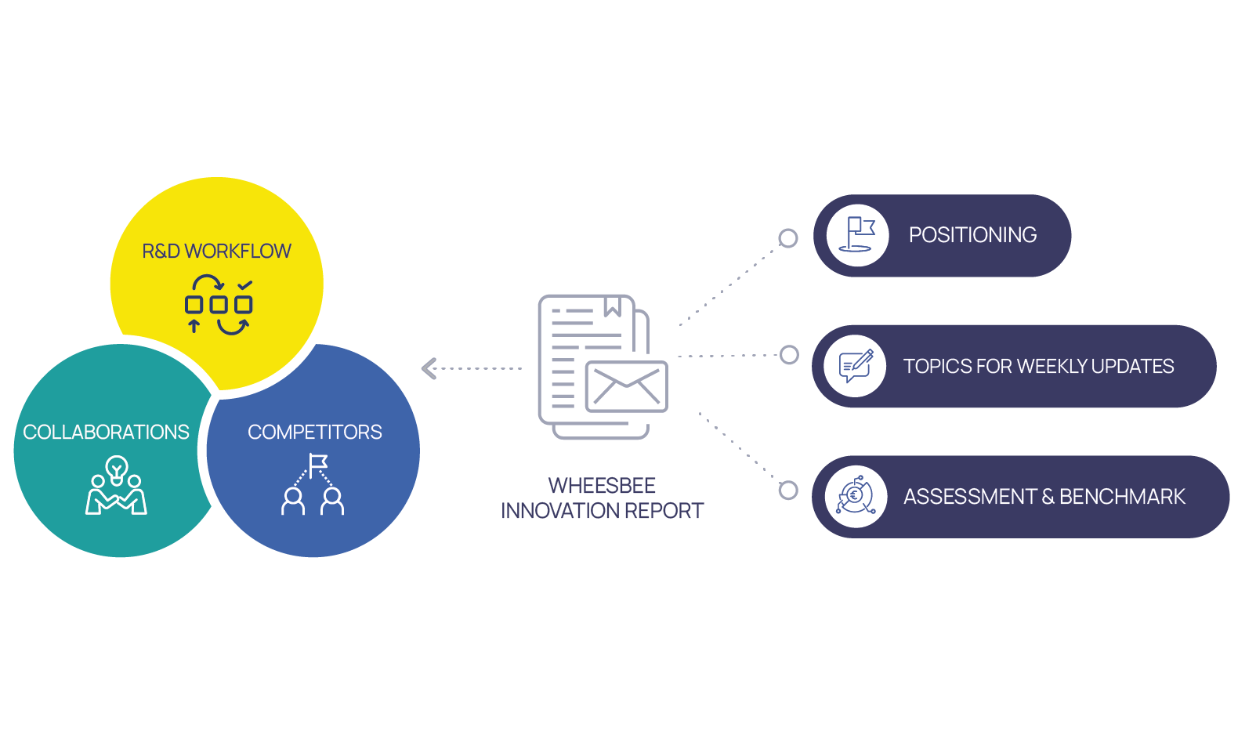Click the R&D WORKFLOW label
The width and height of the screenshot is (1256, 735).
pyautogui.click(x=216, y=251)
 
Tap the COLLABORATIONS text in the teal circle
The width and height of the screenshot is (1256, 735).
pyautogui.click(x=106, y=432)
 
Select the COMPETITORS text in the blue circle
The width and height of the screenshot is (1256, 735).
pyautogui.click(x=315, y=432)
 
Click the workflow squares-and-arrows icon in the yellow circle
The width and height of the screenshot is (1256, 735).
pyautogui.click(x=219, y=304)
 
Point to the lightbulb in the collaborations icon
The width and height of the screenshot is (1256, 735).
pyautogui.click(x=117, y=469)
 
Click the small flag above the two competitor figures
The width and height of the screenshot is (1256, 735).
pyautogui.click(x=318, y=465)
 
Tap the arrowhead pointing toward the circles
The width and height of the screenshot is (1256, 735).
pyautogui.click(x=429, y=368)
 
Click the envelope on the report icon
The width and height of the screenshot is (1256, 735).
pyautogui.click(x=626, y=386)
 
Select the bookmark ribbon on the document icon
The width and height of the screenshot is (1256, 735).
pyautogui.click(x=613, y=306)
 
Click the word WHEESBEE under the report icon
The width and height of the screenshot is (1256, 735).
pyautogui.click(x=602, y=485)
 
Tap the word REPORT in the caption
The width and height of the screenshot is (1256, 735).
pyautogui.click(x=664, y=511)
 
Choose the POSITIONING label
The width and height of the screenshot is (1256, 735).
pyautogui.click(x=972, y=235)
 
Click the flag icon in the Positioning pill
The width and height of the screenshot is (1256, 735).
pyautogui.click(x=858, y=235)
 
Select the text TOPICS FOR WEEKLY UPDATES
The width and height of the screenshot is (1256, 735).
pyautogui.click(x=1038, y=366)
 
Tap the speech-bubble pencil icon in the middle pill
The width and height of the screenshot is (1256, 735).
pyautogui.click(x=856, y=366)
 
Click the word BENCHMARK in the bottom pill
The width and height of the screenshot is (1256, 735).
pyautogui.click(x=1122, y=497)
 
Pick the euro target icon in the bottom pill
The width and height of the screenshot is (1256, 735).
pyautogui.click(x=856, y=496)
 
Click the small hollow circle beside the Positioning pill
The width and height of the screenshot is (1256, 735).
pyautogui.click(x=788, y=238)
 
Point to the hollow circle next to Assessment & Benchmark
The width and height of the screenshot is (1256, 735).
pyautogui.click(x=788, y=491)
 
